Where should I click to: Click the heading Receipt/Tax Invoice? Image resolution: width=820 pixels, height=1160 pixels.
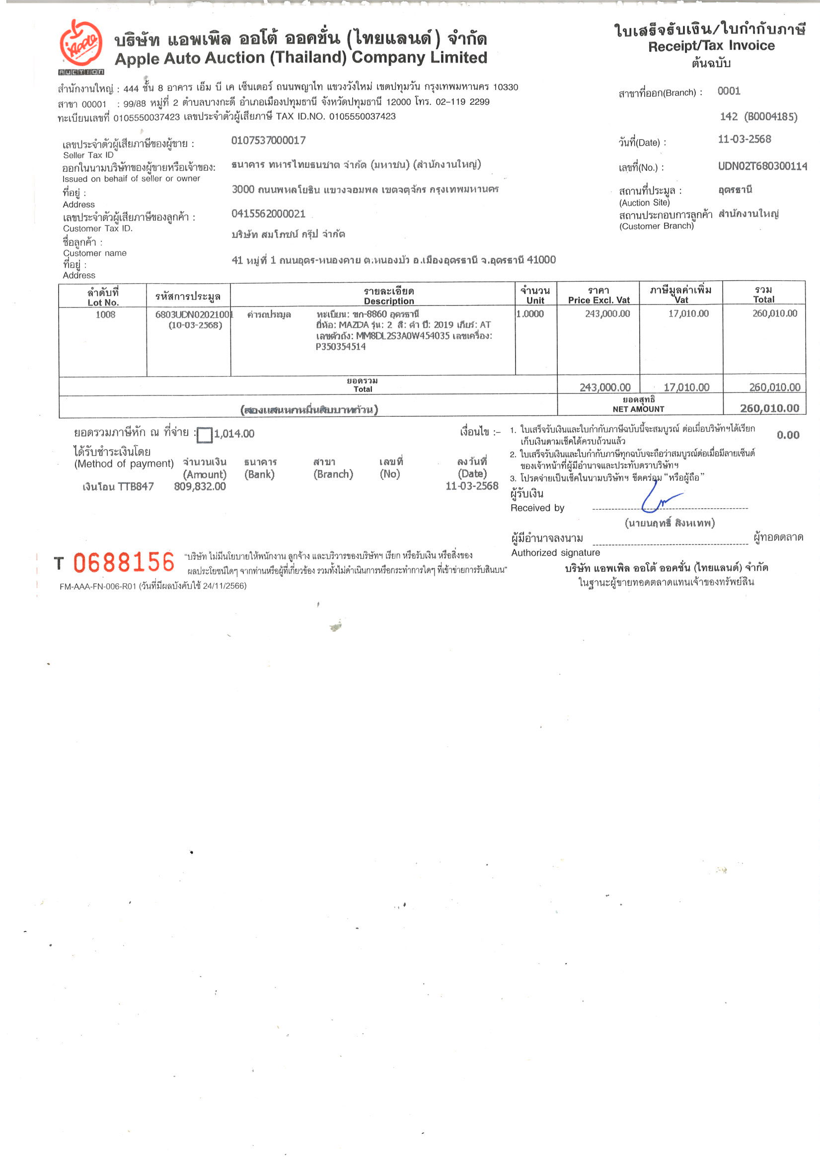tap(711, 46)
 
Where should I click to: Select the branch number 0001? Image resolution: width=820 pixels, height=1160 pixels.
tap(729, 91)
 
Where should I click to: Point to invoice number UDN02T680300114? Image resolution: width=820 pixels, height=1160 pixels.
tap(762, 166)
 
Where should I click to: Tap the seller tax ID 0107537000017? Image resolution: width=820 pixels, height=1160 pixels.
tap(268, 141)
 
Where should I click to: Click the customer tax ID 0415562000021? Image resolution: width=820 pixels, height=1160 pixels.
tap(268, 214)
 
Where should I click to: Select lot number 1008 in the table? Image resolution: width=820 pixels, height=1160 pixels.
tap(105, 314)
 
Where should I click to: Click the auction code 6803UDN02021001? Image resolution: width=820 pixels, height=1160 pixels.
tap(194, 314)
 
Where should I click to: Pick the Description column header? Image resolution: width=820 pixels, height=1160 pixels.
tap(388, 301)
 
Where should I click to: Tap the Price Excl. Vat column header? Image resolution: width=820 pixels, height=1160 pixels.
tap(598, 300)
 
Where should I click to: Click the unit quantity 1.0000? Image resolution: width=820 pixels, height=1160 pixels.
tap(530, 314)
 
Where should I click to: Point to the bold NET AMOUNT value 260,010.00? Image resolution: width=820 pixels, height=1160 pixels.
tap(769, 408)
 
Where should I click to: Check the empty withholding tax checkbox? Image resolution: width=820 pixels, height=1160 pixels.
tap(205, 435)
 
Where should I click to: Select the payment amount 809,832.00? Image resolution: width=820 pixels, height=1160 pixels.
tap(200, 486)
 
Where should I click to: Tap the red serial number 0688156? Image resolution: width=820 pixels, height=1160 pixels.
tap(124, 562)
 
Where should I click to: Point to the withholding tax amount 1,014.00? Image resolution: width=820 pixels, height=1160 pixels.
tap(234, 434)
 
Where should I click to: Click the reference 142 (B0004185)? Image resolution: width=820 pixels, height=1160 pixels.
tap(758, 117)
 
